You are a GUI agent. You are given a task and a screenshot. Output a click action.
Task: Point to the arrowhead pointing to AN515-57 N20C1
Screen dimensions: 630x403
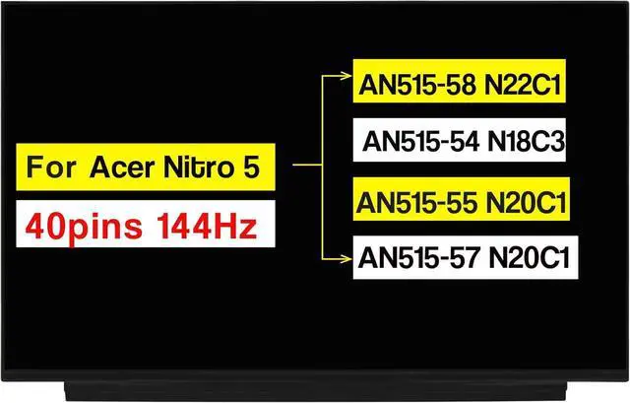tap(346, 260)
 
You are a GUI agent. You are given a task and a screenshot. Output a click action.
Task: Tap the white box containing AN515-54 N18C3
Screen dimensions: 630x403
tap(463, 142)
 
